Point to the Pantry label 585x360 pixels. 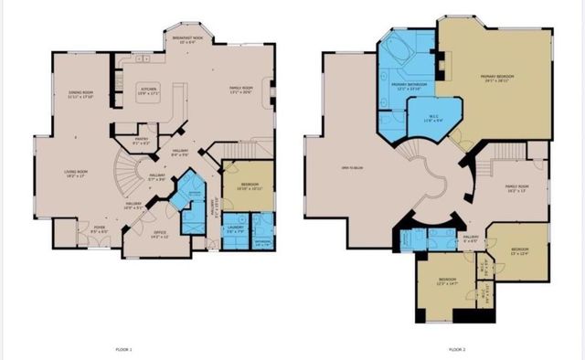tap(141, 142)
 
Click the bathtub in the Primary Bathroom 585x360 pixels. tap(400, 48)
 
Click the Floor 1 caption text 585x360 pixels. tap(124, 349)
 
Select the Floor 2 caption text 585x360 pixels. tap(457, 349)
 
